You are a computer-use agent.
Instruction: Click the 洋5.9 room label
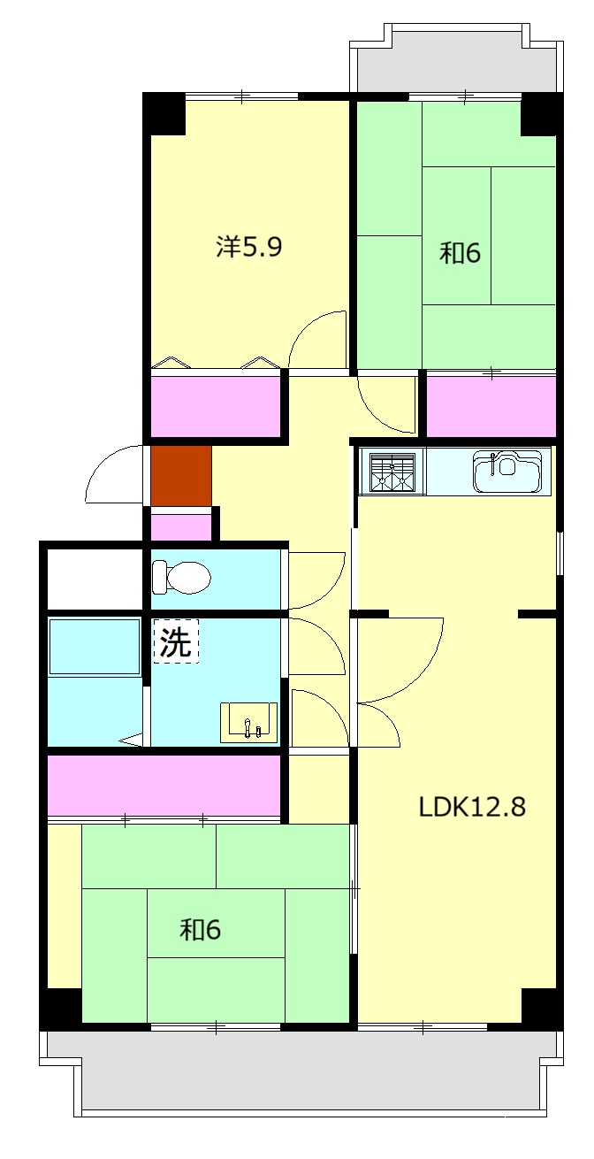pos(248,247)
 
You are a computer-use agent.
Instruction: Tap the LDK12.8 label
pos(471,807)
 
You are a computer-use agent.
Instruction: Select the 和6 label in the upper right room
pos(460,253)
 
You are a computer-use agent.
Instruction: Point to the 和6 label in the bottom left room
pos(200,930)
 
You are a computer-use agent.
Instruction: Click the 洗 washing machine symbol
pos(176,641)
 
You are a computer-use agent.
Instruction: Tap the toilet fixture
pos(181,576)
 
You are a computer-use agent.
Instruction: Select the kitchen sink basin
pos(508,472)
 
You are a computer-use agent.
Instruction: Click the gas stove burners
pos(392,472)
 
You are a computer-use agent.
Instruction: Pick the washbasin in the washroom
pos(248,722)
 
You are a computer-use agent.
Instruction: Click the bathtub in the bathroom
pos(94,647)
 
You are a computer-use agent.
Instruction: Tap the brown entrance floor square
pos(181,475)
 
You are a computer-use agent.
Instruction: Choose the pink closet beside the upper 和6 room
pos(491,407)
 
